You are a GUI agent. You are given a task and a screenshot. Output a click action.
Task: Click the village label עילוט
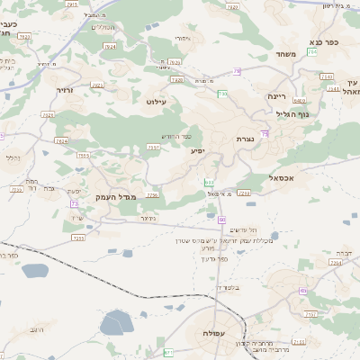point(157,102)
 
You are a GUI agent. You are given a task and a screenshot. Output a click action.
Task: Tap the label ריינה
point(276,95)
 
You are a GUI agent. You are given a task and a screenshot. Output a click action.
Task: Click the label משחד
point(285,54)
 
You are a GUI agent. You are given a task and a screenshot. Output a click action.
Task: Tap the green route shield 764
point(311,52)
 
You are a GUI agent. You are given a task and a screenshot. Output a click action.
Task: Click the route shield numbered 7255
point(78,238)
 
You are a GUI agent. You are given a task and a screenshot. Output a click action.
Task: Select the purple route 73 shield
point(74,204)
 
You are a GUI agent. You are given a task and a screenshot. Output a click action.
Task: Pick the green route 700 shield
point(221,93)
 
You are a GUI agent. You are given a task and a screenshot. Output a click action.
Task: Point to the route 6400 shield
point(300,101)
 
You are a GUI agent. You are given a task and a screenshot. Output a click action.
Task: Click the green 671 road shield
point(168,352)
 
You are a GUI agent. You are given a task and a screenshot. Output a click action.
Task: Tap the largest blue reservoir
point(117,321)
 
